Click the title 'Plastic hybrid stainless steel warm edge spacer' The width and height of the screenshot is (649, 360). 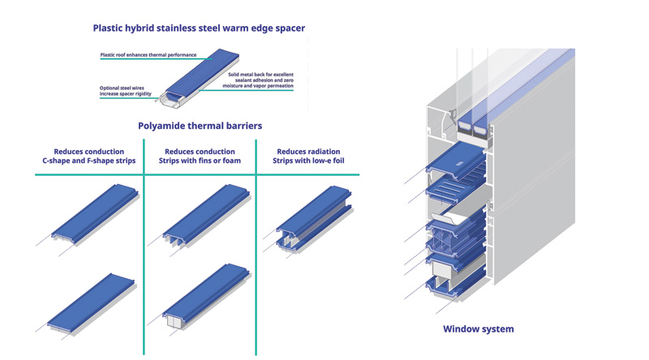coord(199,28)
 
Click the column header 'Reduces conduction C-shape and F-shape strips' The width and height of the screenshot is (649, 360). coord(88,156)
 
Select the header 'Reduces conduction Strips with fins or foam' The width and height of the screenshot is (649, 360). coord(200,156)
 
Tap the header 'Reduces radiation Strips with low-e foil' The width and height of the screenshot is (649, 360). coord(308,156)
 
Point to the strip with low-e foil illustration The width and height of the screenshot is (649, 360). coord(312,216)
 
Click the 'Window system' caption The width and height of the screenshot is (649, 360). coord(478,329)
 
